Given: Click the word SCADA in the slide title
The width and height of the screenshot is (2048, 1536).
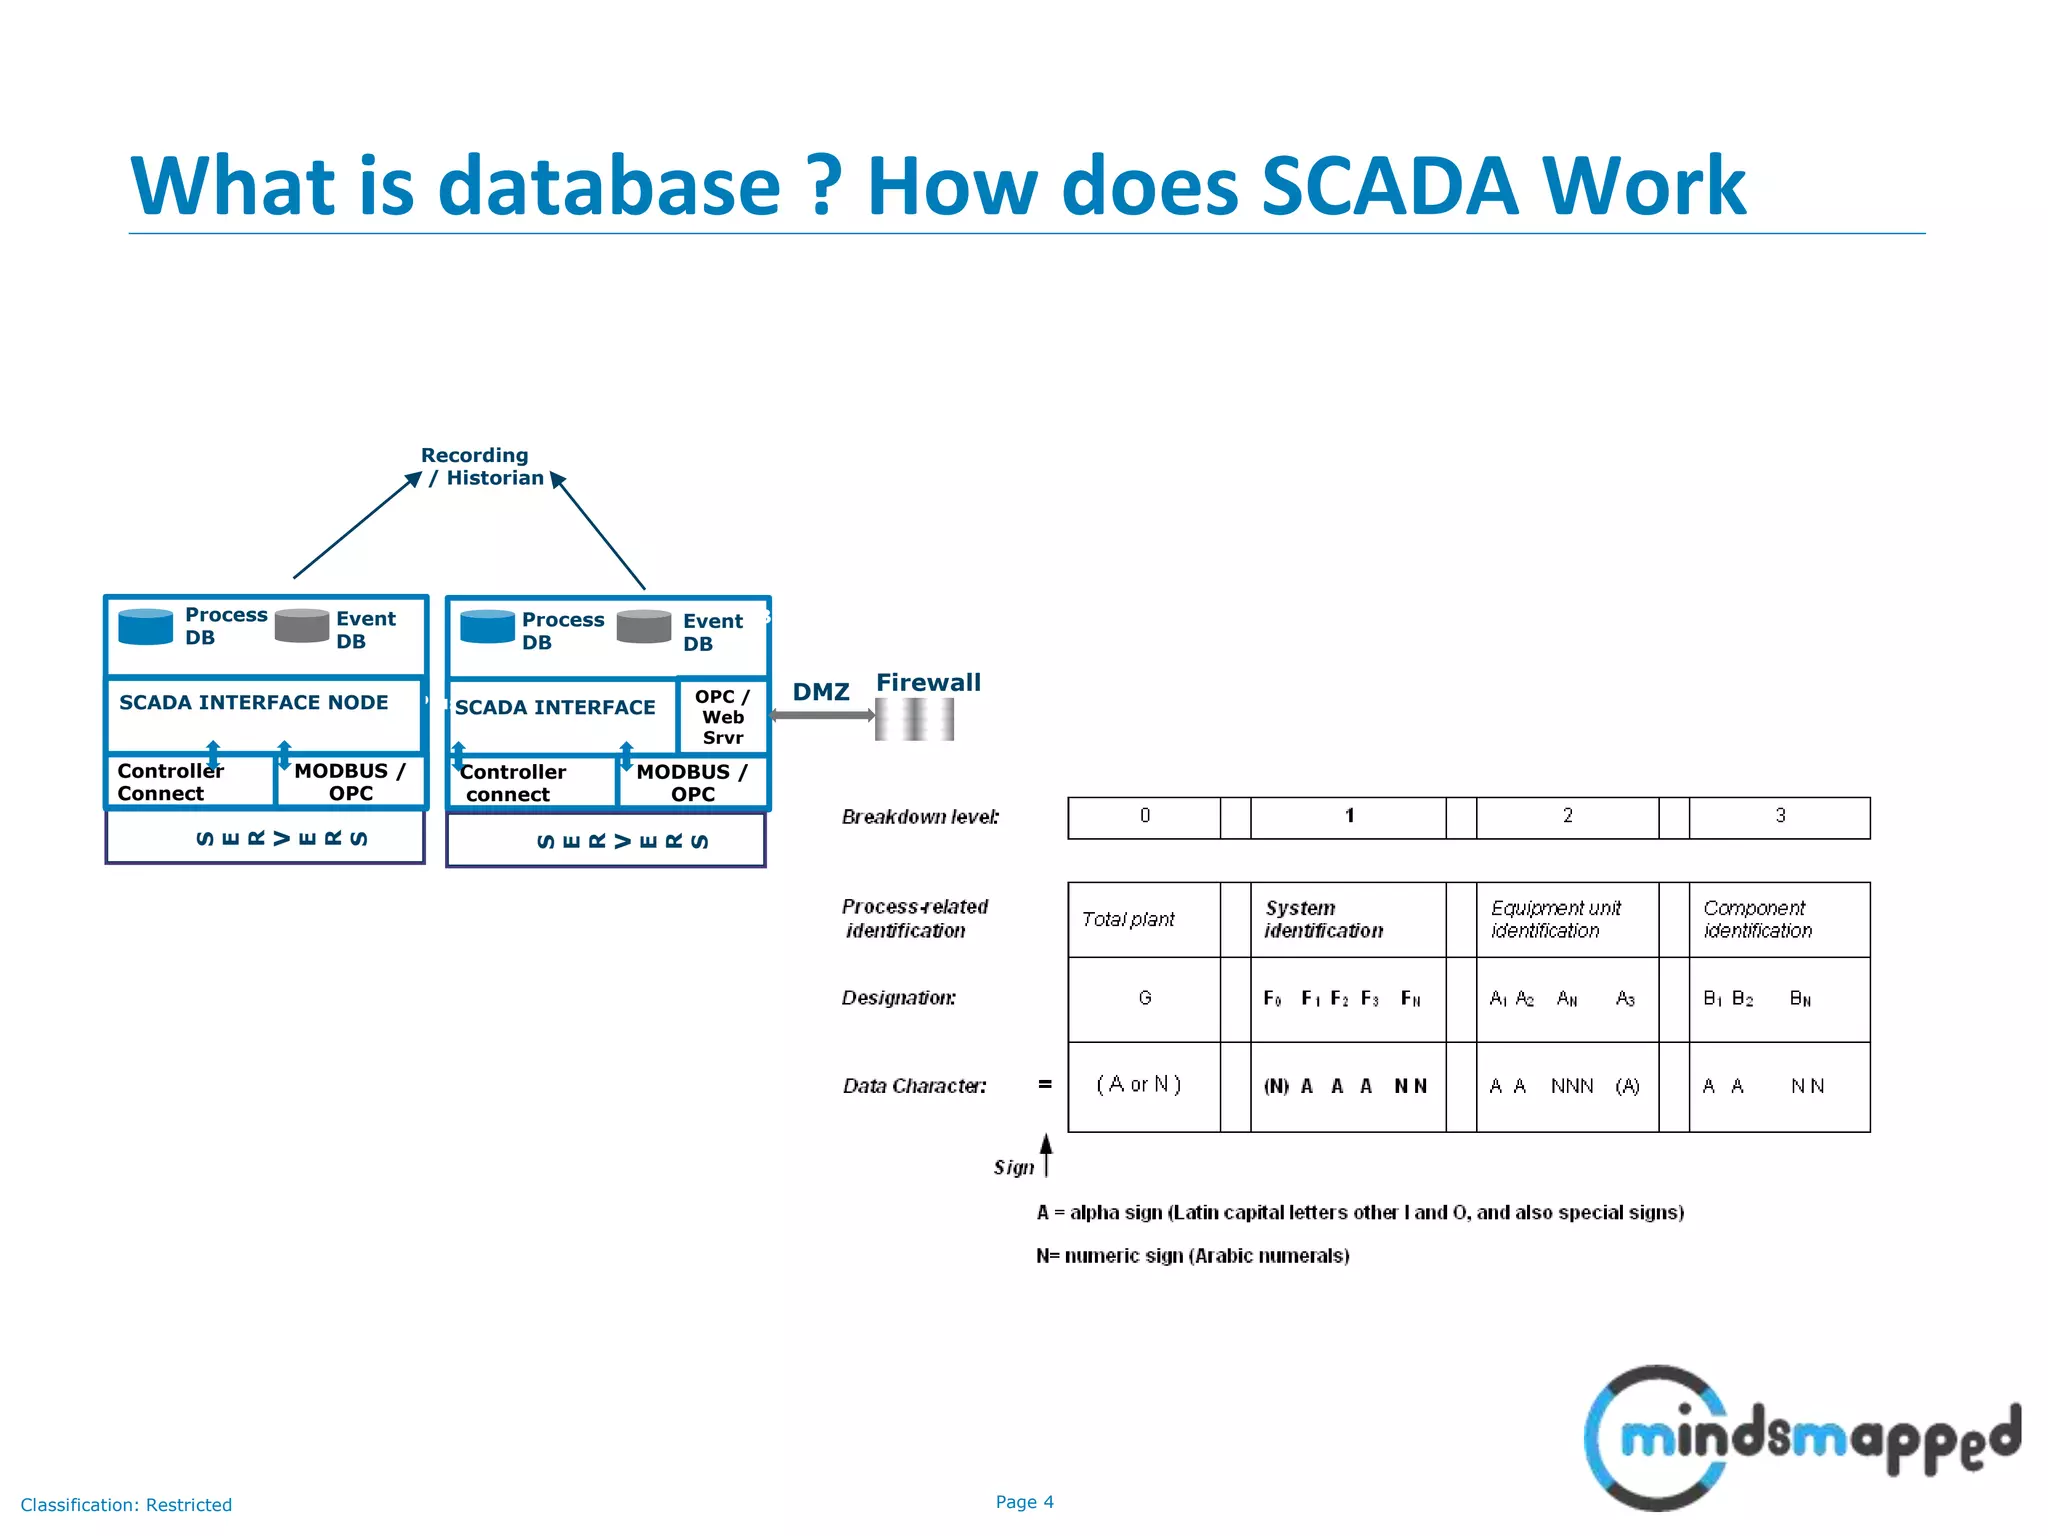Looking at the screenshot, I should [x=1389, y=186].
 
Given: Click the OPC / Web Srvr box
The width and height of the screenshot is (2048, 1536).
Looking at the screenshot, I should [x=722, y=717].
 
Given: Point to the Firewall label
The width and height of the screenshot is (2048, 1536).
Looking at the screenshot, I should [x=928, y=683].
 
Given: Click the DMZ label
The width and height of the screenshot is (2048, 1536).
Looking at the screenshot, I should [x=821, y=692].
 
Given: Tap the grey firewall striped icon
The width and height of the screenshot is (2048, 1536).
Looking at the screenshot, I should [x=914, y=719].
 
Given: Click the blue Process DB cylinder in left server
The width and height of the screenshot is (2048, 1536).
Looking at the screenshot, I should [x=146, y=627].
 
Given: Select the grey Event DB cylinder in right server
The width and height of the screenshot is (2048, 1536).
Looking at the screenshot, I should [x=644, y=627].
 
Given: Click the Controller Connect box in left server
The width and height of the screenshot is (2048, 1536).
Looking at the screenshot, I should [x=188, y=782].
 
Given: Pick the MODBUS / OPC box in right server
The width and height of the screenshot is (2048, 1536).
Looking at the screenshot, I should [x=692, y=783].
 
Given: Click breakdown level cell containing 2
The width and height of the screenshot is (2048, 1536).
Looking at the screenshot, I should [x=1567, y=817].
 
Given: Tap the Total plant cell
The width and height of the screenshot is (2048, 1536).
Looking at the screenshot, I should [x=1143, y=919].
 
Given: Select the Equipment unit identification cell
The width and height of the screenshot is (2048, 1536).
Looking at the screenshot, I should [x=1566, y=919].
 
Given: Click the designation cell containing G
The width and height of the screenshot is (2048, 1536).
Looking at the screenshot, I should [x=1144, y=998].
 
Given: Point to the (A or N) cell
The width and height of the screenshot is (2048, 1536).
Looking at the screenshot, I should [x=1140, y=1085].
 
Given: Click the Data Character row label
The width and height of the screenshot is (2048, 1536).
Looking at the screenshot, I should [x=914, y=1086].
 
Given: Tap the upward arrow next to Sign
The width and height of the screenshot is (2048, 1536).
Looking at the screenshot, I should [x=1046, y=1154].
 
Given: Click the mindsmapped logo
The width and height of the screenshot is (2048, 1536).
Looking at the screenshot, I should [x=1799, y=1437].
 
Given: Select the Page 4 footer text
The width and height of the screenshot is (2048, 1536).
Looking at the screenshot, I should [x=1024, y=1502].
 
